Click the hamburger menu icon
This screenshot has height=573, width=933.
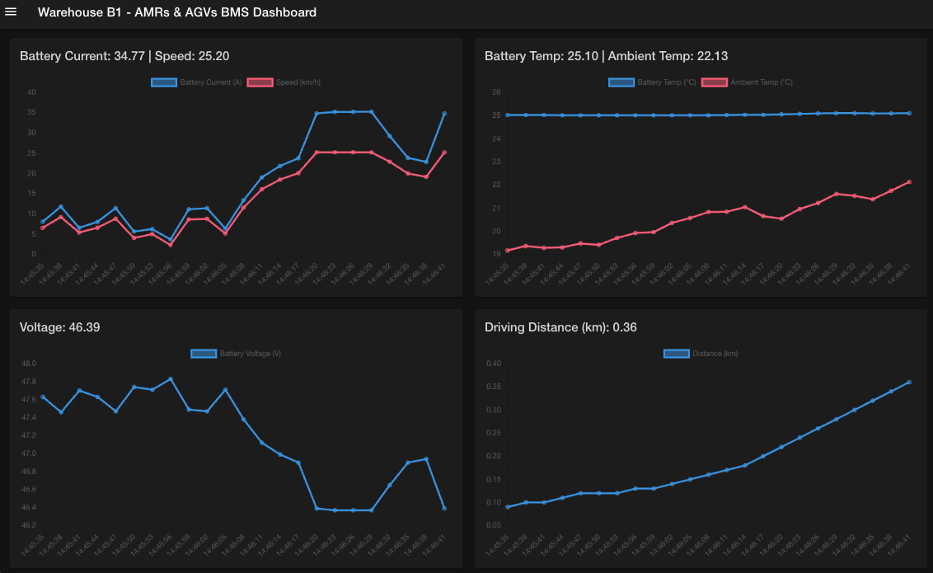coord(12,12)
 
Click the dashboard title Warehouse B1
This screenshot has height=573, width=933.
coord(176,12)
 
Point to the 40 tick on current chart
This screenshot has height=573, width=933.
coord(31,92)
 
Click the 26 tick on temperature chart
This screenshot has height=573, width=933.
coord(496,92)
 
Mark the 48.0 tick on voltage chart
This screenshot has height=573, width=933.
coord(29,364)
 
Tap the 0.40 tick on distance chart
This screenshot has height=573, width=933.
coord(494,364)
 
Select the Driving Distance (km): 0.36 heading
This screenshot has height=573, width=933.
coord(560,327)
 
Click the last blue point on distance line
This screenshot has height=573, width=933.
coord(909,382)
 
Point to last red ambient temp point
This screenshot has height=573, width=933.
coord(909,182)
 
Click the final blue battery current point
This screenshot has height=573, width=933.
coord(444,114)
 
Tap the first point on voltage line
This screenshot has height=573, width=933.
coord(43,397)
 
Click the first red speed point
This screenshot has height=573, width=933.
coord(43,228)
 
